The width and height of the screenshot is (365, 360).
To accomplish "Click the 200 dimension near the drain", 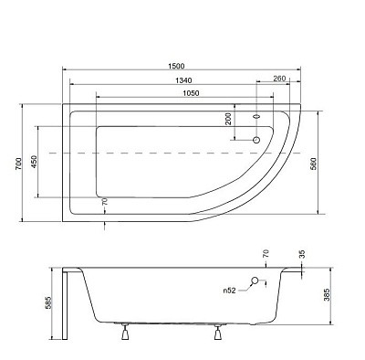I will tap(229, 120).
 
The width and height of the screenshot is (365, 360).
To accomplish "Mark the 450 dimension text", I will tap(35, 162).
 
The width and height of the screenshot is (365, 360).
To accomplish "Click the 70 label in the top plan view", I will tap(105, 202).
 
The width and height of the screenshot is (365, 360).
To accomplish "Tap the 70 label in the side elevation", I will tap(266, 253).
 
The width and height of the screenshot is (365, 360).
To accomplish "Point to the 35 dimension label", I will tap(301, 253).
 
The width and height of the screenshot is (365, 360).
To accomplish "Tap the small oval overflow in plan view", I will tap(256, 117).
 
